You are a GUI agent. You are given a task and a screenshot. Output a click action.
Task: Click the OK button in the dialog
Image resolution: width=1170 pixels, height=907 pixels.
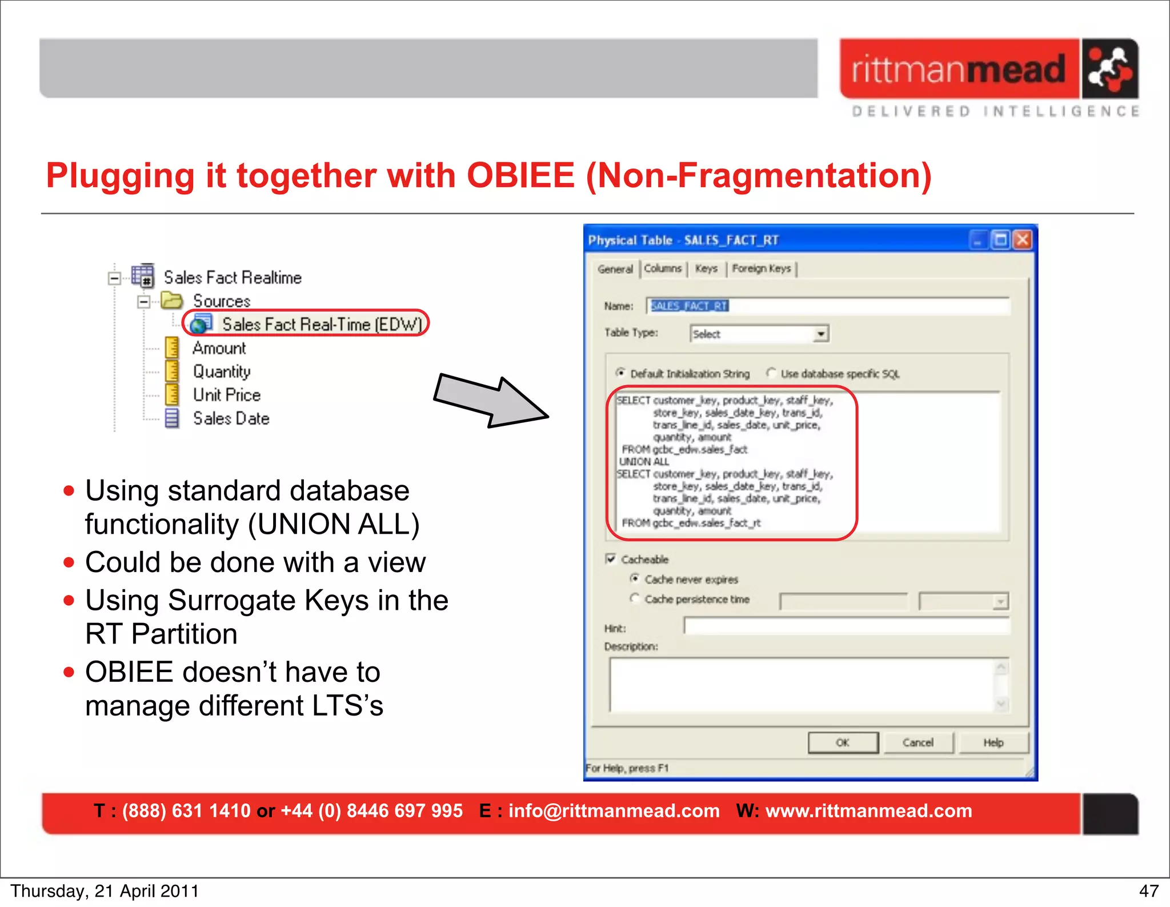(843, 742)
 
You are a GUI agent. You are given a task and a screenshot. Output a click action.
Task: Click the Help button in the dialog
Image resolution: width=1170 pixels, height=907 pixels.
(993, 742)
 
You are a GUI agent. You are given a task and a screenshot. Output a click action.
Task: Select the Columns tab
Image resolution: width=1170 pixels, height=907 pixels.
(663, 269)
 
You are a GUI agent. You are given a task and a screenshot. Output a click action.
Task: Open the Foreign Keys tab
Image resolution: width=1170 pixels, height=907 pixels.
(761, 269)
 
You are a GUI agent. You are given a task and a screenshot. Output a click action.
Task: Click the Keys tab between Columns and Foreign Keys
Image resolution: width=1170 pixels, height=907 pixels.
(706, 269)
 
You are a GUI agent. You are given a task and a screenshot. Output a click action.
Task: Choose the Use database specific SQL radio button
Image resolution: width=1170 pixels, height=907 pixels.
(771, 373)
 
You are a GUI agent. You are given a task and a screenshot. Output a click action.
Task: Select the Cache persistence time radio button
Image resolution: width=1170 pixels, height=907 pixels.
(634, 598)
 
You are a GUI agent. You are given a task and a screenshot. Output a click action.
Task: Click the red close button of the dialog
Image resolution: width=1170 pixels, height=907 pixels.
(1023, 239)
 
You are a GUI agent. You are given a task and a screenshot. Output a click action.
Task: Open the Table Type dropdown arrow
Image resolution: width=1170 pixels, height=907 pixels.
(821, 334)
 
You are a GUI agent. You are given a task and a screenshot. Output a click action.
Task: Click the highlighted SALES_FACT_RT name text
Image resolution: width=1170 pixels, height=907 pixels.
(689, 306)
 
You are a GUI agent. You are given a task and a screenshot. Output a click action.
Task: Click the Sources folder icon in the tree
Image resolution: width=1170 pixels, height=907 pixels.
(171, 301)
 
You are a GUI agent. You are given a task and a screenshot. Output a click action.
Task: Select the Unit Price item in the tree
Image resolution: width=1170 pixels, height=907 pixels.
(226, 395)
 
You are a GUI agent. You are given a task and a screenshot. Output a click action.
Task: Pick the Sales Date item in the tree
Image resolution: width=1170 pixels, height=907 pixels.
(231, 418)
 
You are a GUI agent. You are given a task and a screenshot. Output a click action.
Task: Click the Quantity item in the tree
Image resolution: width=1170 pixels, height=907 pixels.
(222, 371)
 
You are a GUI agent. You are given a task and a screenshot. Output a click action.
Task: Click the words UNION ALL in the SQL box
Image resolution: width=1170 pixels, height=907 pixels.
(644, 462)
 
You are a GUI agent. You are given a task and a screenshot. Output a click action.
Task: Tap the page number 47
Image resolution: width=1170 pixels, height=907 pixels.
(1148, 891)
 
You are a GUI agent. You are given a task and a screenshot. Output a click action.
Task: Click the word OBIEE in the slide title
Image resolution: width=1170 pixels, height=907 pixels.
(520, 175)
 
